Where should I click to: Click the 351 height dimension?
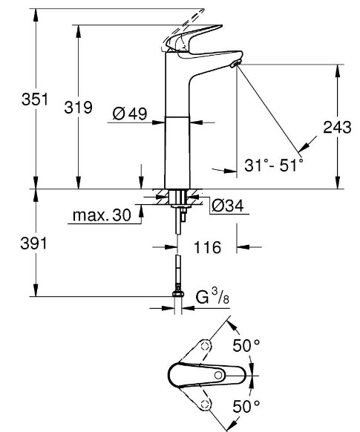(x=35, y=99)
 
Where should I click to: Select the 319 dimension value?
(x=78, y=107)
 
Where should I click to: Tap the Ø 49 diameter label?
(x=130, y=114)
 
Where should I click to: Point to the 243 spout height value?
(x=337, y=127)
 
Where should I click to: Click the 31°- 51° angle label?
(x=273, y=166)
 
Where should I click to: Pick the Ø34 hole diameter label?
(x=228, y=206)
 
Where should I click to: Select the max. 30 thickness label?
(x=102, y=215)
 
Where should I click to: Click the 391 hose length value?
(x=33, y=243)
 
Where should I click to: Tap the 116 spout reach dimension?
(x=207, y=247)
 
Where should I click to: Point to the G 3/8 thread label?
(x=212, y=296)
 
